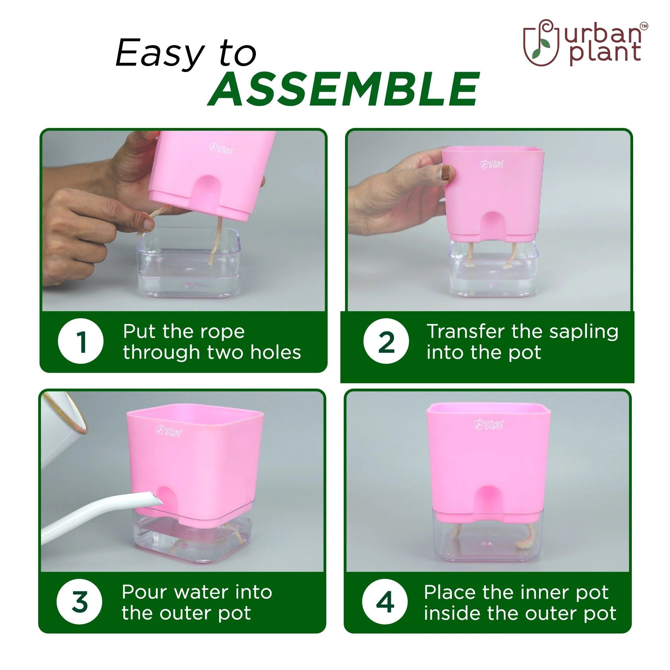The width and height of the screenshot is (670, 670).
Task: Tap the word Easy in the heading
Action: (160, 54)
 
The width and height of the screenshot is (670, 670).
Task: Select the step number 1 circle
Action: (81, 341)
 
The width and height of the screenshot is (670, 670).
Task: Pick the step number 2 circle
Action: (386, 341)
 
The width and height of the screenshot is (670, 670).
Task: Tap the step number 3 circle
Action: (79, 602)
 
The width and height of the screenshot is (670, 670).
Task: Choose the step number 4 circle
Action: (385, 602)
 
